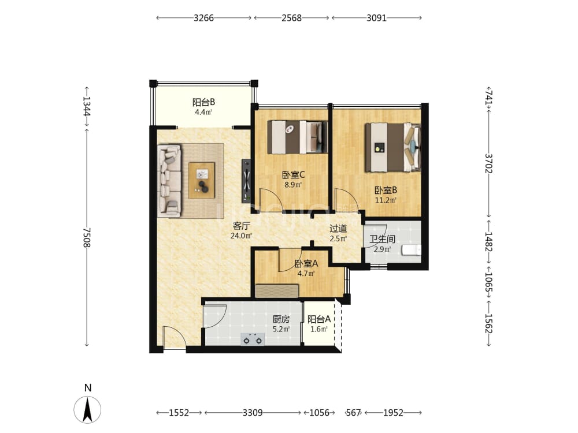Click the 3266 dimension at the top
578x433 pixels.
pos(204,18)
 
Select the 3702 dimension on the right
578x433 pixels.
pos(488,163)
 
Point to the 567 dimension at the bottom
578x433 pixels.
pos(353,413)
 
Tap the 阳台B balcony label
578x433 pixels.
pos(203,102)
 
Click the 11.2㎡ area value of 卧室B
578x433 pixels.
pos(386,200)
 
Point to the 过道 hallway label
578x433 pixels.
pos(338,228)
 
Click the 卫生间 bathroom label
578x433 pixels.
pos(382,240)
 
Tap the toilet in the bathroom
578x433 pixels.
pos(412,250)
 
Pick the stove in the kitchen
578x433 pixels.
pos(253,339)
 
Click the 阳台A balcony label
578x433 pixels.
pos(319,319)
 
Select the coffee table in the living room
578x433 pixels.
pos(202,180)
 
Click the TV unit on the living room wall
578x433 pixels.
pos(246,181)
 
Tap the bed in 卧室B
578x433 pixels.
pos(393,147)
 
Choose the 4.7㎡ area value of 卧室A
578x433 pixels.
pos(306,274)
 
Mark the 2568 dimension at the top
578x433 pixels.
pos(291,18)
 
